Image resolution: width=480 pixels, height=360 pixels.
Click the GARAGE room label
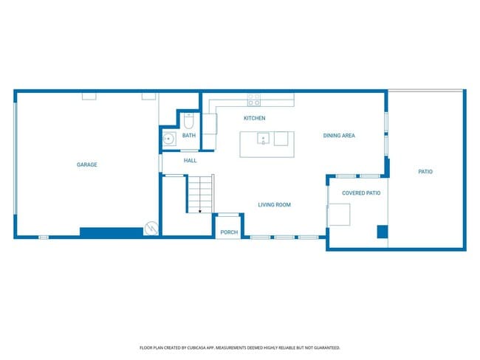pos(87,165)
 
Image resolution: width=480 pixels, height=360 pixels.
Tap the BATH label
pos(189,135)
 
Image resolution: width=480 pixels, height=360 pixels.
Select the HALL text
pos(190,159)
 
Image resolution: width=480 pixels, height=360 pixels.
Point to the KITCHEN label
pos(255,118)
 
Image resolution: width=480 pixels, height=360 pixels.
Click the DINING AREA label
pos(339,135)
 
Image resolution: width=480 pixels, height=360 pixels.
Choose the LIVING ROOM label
pos(274,204)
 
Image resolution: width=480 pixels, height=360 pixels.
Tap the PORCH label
pos(229,232)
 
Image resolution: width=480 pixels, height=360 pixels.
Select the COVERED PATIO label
pos(361,193)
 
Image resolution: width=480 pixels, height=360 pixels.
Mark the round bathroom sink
pos(168,137)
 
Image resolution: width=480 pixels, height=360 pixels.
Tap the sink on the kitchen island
pos(263,138)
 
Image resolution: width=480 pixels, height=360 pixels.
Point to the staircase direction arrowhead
pos(199,211)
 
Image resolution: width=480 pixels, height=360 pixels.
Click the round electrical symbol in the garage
pos(151,228)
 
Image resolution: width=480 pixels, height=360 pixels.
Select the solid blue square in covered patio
pos(382,232)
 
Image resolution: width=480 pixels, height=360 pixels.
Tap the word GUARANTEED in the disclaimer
pos(325,347)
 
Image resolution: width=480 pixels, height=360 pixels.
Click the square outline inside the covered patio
pos(340,214)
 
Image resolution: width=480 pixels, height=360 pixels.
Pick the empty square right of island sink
pos(281,138)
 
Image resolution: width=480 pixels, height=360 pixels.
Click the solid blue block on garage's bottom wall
pos(111,232)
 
